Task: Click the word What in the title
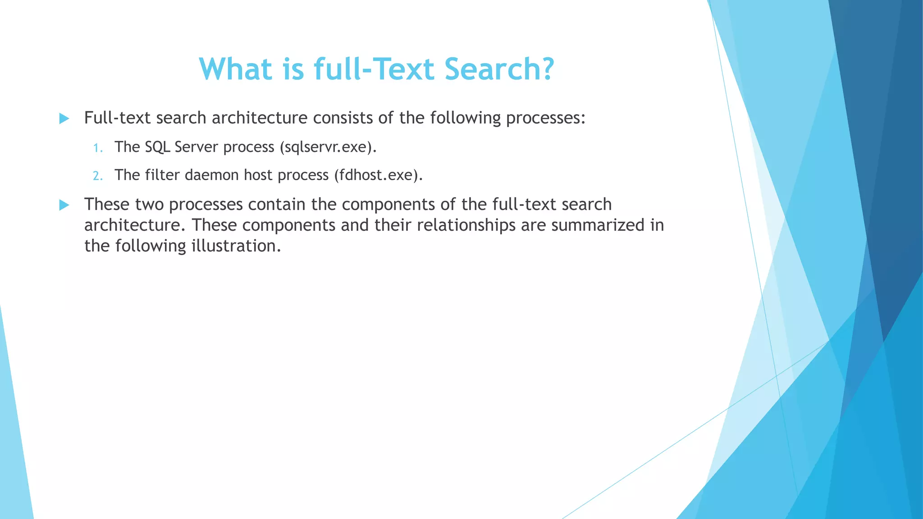(x=236, y=69)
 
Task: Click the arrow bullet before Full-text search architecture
(x=64, y=119)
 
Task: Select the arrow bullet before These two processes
(x=64, y=205)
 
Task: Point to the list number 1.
(x=98, y=148)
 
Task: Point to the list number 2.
(x=98, y=176)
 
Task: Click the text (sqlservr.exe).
(x=328, y=147)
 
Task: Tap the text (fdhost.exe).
(x=378, y=175)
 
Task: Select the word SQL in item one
(x=157, y=147)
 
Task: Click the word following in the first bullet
(x=465, y=118)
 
